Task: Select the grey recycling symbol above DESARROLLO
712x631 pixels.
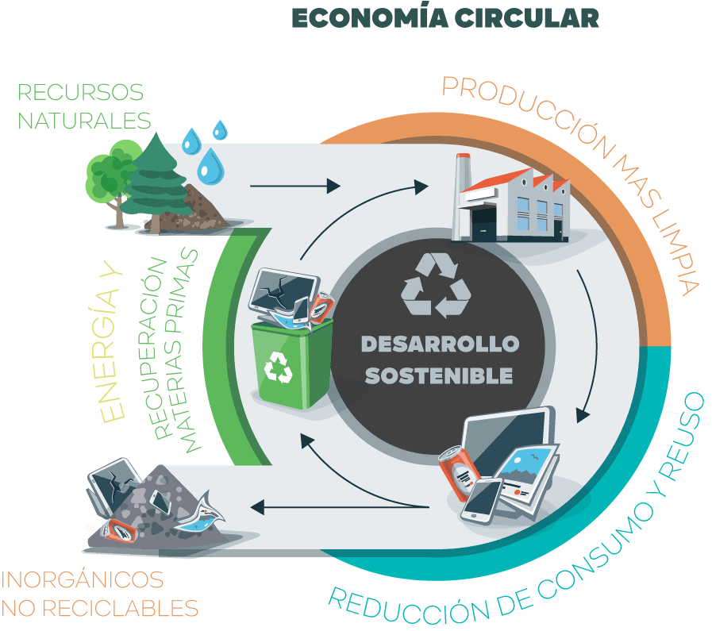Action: tap(436, 285)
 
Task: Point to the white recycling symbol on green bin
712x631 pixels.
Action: tap(279, 367)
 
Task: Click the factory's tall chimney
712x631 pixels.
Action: tap(463, 194)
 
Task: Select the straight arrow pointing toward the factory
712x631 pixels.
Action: tap(294, 187)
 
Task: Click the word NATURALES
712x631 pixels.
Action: tap(84, 121)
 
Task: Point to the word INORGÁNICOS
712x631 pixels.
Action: tap(83, 579)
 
